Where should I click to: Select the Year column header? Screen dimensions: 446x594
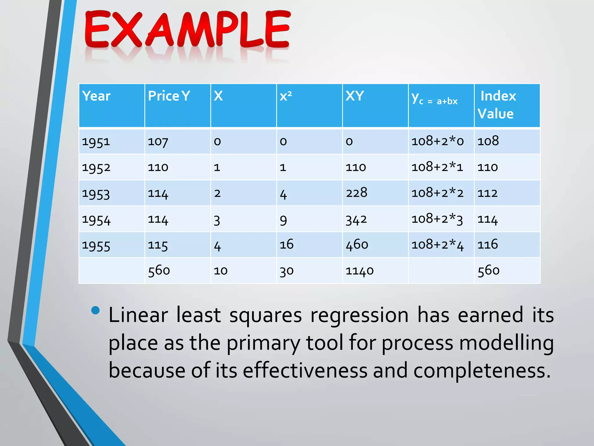click(x=96, y=96)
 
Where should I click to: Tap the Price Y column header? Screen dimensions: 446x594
click(x=169, y=96)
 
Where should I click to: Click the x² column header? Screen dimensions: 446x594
click(x=286, y=96)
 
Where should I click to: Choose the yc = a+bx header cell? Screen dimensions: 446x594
click(x=434, y=99)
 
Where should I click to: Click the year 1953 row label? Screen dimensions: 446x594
click(x=96, y=194)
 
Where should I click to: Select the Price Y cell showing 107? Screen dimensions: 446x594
click(x=158, y=142)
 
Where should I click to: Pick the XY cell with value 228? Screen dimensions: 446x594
click(x=356, y=193)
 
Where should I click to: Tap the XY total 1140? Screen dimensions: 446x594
click(x=359, y=271)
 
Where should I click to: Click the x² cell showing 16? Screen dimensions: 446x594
click(x=287, y=244)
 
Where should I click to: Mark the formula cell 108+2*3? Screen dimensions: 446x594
click(x=437, y=219)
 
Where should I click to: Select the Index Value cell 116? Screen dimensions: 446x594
click(x=488, y=244)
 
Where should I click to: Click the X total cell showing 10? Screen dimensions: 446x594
click(x=221, y=271)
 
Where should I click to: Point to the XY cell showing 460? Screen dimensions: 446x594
click(x=357, y=245)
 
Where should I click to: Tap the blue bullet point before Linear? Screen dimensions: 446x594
click(x=95, y=310)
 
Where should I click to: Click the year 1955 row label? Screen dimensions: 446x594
click(x=96, y=246)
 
